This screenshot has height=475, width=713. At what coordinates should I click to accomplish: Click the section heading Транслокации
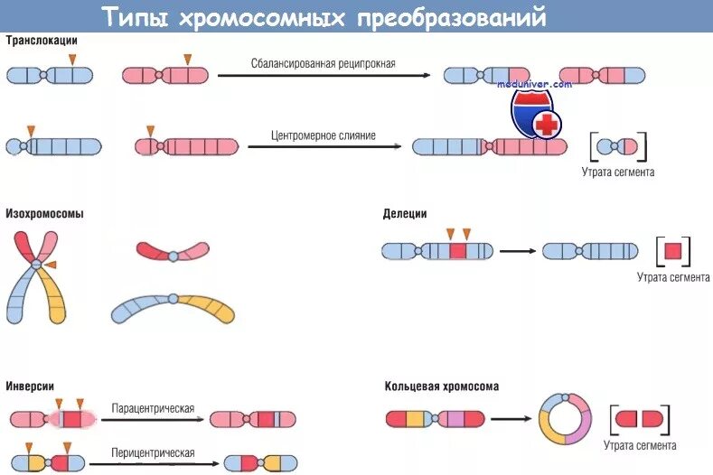click(x=42, y=41)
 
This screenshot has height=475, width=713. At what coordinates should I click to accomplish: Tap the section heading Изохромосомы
click(x=45, y=214)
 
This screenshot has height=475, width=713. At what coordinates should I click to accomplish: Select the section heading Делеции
click(x=405, y=214)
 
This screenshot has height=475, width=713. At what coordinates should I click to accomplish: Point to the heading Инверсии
click(x=30, y=387)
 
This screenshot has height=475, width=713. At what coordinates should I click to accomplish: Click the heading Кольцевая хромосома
click(x=441, y=387)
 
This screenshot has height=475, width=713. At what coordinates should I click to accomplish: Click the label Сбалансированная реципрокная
click(x=324, y=64)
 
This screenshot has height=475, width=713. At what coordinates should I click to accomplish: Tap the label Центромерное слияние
click(x=324, y=135)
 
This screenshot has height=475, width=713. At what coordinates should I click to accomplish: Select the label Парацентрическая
click(x=154, y=409)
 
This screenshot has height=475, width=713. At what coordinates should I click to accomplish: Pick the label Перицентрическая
click(x=154, y=452)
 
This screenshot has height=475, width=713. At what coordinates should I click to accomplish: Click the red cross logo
click(x=545, y=125)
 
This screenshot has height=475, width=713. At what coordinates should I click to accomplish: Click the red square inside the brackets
click(x=672, y=251)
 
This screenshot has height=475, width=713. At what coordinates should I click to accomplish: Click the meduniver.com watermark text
click(x=535, y=84)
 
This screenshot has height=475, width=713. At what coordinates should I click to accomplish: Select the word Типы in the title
click(x=133, y=16)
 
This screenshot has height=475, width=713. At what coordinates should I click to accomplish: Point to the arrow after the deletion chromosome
click(x=517, y=251)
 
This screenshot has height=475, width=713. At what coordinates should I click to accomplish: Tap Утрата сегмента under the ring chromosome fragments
click(x=642, y=445)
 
